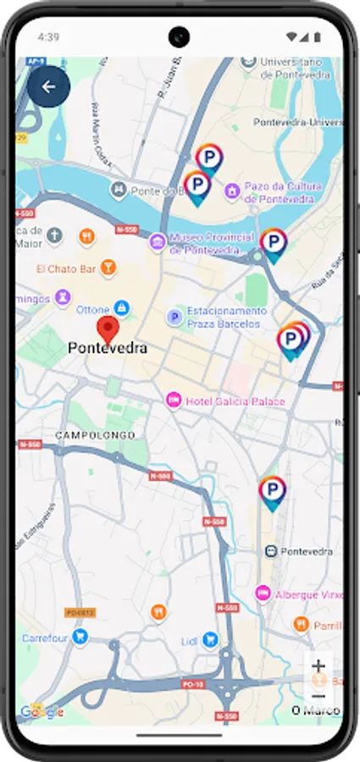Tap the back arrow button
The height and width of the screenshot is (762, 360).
point(48,86)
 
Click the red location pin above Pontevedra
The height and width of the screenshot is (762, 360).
point(108,329)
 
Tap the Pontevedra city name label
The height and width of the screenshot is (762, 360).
point(107,348)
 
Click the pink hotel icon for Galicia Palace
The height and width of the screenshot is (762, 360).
point(174,400)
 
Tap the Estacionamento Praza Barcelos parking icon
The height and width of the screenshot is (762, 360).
point(174,317)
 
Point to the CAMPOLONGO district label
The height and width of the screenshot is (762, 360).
point(95,435)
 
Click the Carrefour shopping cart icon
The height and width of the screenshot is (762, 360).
point(80,636)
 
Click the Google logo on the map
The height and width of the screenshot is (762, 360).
point(42,712)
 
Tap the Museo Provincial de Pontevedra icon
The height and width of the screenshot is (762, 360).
point(158,243)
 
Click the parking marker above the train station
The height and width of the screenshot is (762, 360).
point(272,490)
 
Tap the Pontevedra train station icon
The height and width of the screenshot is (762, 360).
point(270,550)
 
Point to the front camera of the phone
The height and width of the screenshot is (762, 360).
point(179,36)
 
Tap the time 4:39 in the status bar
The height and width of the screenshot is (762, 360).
point(48,37)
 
